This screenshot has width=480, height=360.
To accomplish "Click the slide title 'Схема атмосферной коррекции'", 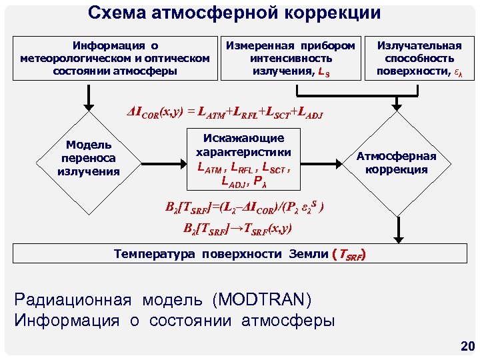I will [235, 13].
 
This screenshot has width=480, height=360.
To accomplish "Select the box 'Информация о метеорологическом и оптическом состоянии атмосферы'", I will [115, 58].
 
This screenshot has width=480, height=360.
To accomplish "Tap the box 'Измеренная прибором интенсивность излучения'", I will [291, 58].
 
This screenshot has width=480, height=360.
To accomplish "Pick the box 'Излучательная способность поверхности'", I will [419, 58].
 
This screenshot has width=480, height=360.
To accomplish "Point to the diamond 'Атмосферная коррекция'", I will [397, 162].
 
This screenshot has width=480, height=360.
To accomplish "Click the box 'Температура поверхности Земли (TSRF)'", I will [240, 254].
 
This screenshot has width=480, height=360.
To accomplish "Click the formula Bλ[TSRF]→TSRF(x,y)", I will [237, 228].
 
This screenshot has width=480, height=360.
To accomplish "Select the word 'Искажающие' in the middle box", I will [243, 138].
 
